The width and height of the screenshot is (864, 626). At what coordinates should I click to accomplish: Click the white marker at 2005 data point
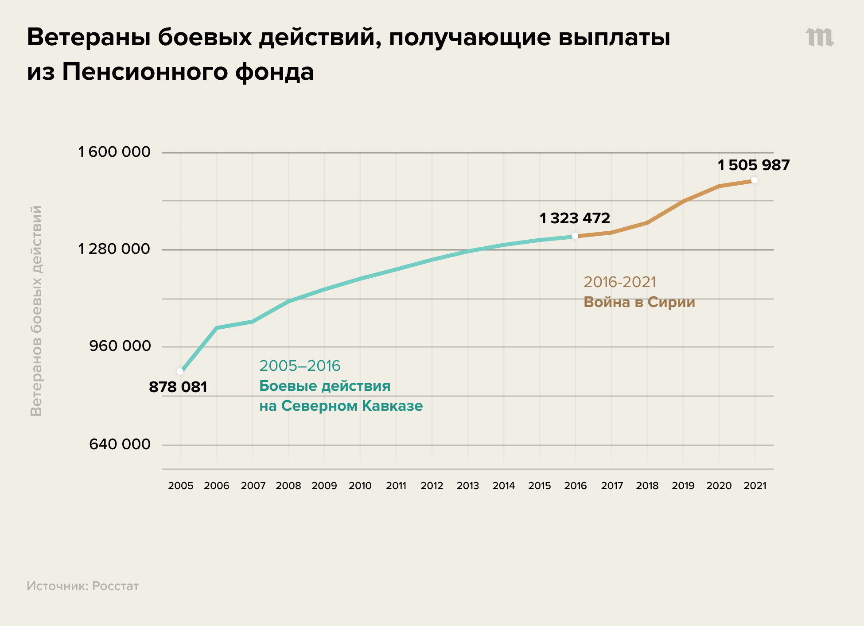[x=180, y=371]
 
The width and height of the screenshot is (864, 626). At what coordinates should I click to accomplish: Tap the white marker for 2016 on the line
[x=575, y=236]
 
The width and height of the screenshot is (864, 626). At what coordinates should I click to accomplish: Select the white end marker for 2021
[x=754, y=180]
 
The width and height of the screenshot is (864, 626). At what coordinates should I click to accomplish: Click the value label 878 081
[x=178, y=387]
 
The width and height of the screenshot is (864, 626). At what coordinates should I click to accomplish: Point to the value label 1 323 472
[x=575, y=218]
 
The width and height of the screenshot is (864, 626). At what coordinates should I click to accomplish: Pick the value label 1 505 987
[x=754, y=165]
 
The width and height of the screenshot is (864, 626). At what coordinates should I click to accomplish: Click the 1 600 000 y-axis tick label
[x=114, y=152]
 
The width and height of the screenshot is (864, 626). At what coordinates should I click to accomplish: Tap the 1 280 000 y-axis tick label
[x=114, y=249]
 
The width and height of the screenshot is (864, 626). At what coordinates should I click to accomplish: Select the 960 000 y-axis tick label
[x=120, y=346]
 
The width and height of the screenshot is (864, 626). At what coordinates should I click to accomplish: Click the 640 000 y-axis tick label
[x=120, y=444]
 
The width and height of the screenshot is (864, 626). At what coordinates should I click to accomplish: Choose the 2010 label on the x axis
[x=360, y=486]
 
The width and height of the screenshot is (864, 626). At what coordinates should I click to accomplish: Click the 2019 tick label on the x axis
[x=683, y=486]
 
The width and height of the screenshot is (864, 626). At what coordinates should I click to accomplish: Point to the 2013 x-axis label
[x=467, y=486]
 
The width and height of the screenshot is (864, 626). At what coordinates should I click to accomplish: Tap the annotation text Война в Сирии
[x=639, y=302]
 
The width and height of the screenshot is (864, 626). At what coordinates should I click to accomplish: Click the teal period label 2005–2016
[x=300, y=366]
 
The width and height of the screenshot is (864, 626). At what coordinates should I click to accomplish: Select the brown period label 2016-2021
[x=619, y=282]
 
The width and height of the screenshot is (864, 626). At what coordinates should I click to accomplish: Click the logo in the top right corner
[x=820, y=37]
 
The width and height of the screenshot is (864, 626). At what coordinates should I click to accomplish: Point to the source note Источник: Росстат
[x=83, y=586]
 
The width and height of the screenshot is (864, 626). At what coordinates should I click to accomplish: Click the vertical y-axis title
[x=36, y=311]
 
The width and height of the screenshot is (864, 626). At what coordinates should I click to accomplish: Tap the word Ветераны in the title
[x=88, y=37]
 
